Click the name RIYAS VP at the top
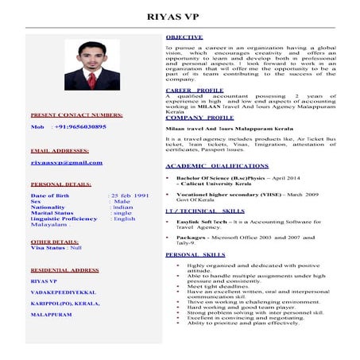click(180, 16)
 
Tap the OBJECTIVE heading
click(184, 38)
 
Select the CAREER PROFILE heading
click(194, 91)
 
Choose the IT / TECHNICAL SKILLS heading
click(204, 211)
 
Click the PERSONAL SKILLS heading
click(195, 254)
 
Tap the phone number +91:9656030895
click(79, 127)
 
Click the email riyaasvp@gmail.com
click(67, 162)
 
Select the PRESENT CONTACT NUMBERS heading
click(75, 115)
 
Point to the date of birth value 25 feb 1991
click(130, 195)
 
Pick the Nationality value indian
click(123, 207)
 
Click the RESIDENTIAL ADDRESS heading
click(64, 270)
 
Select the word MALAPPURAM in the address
click(51, 314)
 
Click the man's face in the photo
click(91, 58)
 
